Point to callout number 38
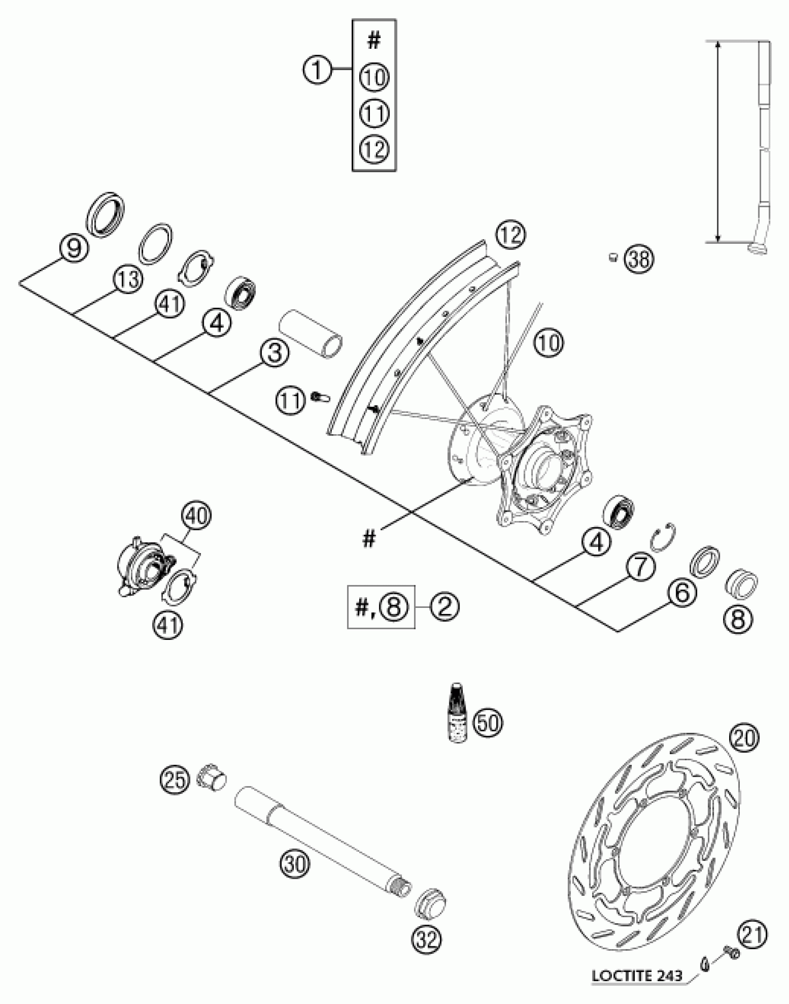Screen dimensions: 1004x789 (x=639, y=259)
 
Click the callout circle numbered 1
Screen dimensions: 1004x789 (x=318, y=71)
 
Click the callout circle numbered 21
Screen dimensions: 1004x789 (x=752, y=934)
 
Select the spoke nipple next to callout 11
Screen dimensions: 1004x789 (x=320, y=398)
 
